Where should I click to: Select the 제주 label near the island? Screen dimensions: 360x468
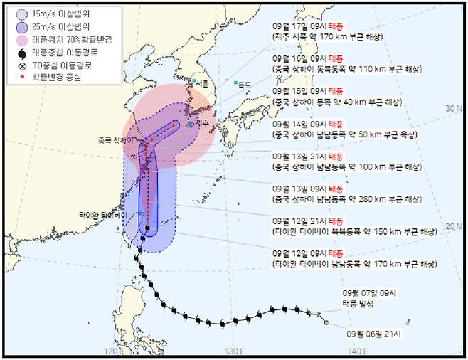pos(203,123)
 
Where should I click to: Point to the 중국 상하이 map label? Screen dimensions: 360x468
pos(112,139)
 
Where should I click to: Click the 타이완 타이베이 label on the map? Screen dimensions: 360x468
pos(102,214)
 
